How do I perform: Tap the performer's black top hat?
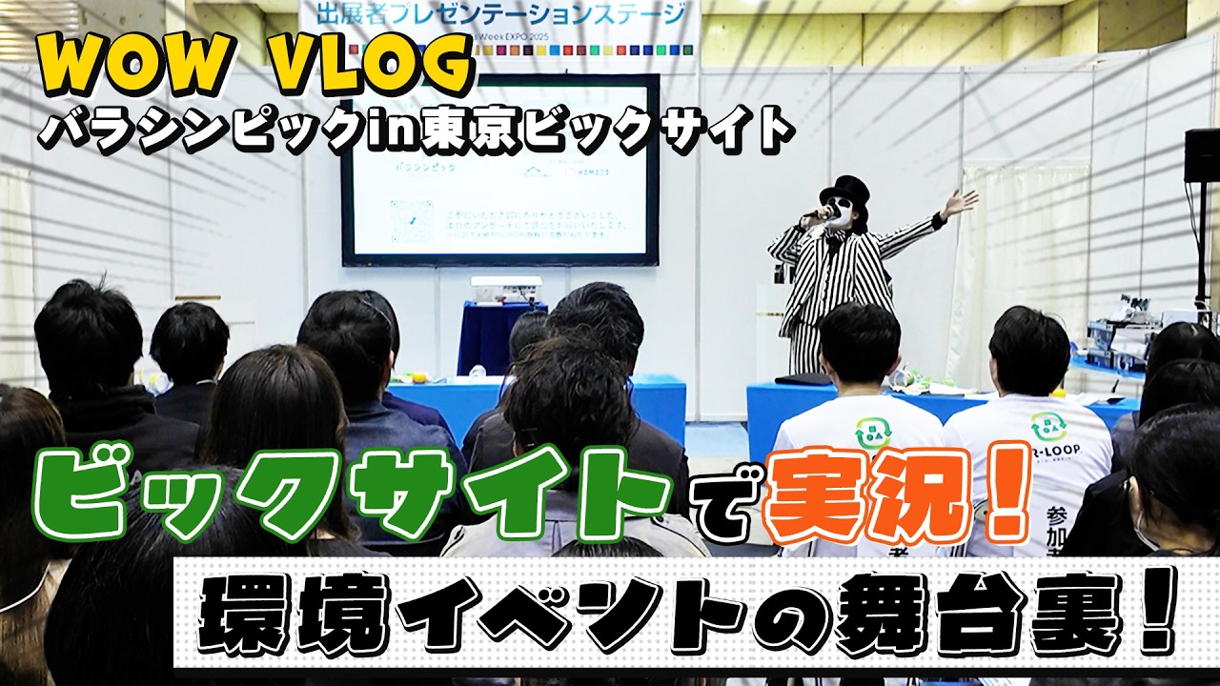click(x=844, y=188)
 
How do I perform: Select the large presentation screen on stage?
click(x=499, y=170)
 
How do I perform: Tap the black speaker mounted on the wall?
click(x=1201, y=155)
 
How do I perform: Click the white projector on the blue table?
click(x=506, y=289)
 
